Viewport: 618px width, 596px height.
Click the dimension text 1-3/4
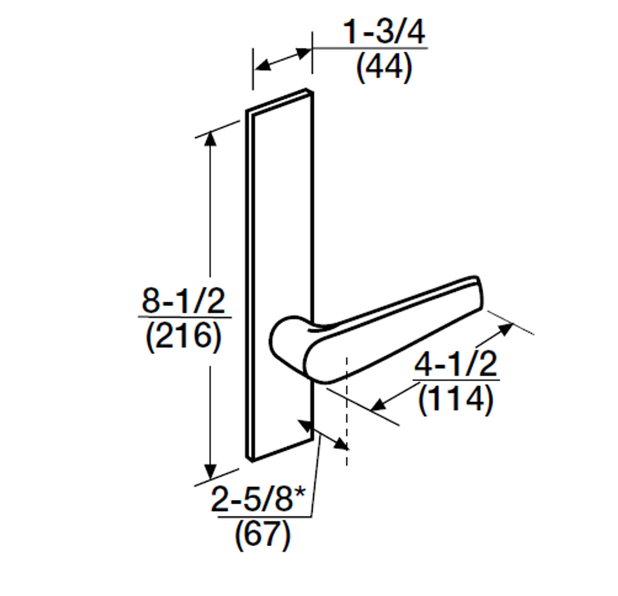[384, 33]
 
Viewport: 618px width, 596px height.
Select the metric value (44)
[384, 68]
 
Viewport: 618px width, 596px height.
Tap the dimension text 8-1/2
[183, 301]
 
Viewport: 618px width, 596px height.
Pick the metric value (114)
[456, 399]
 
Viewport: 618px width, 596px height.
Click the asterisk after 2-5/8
[301, 494]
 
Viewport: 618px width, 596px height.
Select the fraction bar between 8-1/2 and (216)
[184, 317]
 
